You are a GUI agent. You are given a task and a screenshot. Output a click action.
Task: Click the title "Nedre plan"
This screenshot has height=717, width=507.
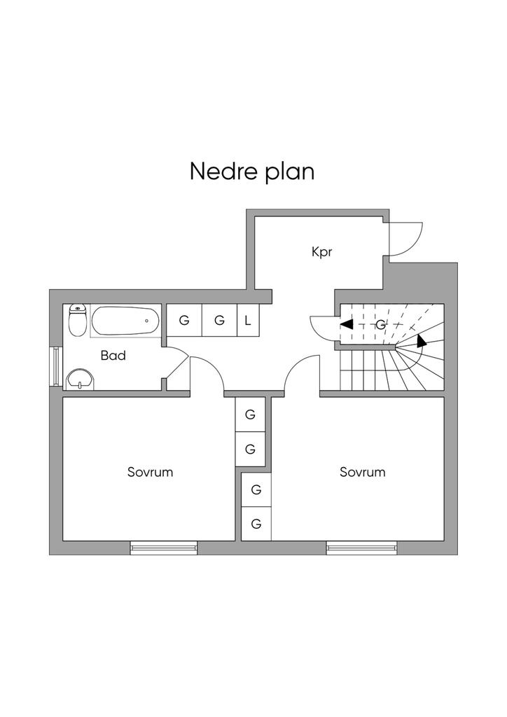tap(252, 171)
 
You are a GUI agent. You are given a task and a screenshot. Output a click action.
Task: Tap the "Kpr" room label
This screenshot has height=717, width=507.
tap(321, 251)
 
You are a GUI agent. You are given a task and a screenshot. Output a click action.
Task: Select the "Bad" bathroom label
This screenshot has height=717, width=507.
tap(113, 356)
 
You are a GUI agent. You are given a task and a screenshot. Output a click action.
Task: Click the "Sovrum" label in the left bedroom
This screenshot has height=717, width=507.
tap(150, 472)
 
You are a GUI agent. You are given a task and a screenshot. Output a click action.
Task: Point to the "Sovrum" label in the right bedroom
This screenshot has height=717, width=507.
tap(362, 472)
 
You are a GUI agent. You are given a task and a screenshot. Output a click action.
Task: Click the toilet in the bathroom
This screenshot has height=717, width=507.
tap(77, 320)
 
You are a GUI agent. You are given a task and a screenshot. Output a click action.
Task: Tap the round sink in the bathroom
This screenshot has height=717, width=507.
tap(81, 380)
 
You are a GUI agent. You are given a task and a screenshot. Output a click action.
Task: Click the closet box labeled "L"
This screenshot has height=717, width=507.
tap(247, 321)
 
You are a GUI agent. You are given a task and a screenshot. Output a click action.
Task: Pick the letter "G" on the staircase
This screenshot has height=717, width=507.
tap(381, 325)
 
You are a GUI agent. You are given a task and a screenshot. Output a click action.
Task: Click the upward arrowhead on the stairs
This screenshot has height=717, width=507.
tap(421, 341)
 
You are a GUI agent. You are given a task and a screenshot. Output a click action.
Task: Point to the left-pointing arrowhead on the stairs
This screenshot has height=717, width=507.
tap(346, 325)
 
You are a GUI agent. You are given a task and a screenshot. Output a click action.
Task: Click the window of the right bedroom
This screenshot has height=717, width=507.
tap(361, 548)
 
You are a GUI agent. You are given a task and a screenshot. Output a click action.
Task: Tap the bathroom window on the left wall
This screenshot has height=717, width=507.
tap(55, 365)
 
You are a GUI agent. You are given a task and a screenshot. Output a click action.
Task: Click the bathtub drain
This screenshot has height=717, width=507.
tap(147, 321)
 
